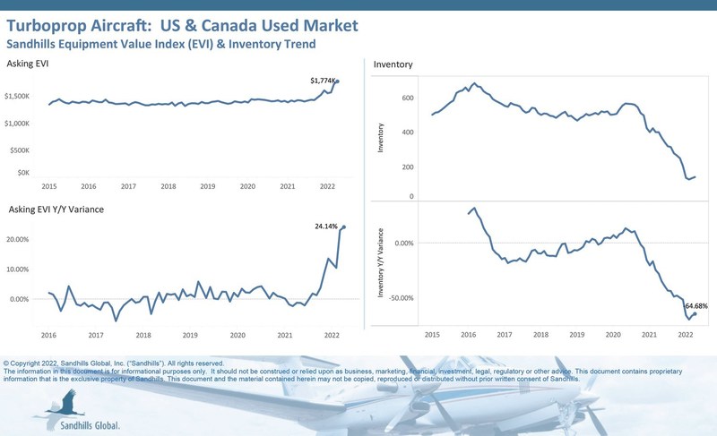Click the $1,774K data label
click(x=323, y=81)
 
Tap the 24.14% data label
click(x=327, y=227)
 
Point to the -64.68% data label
click(x=695, y=306)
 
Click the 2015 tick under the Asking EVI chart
click(x=49, y=185)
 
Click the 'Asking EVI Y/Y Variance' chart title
click(x=55, y=209)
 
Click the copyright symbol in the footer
click(x=7, y=364)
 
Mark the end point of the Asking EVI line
click(x=338, y=81)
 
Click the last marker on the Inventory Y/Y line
click(x=695, y=313)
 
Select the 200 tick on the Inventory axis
click(x=407, y=167)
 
